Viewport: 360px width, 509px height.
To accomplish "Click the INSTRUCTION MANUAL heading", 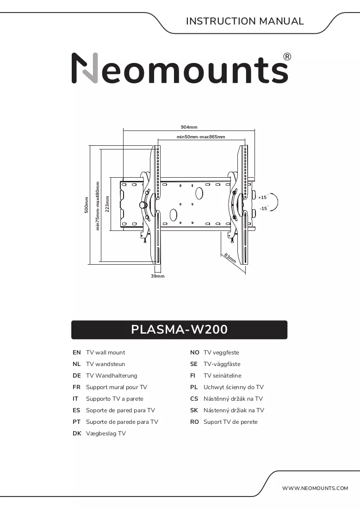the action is point(245,21).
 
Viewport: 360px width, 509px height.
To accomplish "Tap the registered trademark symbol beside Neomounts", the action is point(287,57).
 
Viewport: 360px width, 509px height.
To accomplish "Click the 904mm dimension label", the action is point(189,127).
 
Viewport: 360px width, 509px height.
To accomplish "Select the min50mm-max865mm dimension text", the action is point(201,137).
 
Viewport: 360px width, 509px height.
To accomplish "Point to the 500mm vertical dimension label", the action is point(87,205).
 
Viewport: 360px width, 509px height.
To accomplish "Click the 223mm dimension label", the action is point(107,204).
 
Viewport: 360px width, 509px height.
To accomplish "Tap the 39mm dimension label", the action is point(158,276).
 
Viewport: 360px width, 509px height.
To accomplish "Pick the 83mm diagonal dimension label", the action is point(230,258).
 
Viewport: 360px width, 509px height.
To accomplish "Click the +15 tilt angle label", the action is point(262,198).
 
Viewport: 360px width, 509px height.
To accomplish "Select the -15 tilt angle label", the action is point(263,208).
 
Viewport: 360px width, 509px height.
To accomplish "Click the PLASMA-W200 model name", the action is point(179,329).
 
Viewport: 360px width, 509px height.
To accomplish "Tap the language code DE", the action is point(77,376).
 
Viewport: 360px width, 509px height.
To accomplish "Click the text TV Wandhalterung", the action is point(112,376).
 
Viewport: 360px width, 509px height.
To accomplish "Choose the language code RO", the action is point(194,422).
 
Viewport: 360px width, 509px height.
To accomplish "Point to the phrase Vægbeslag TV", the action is point(106,434).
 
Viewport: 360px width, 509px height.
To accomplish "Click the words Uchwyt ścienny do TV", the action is point(233,387).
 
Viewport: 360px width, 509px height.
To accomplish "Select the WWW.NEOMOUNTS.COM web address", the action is point(315,488).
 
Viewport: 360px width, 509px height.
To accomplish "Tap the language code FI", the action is point(193,376).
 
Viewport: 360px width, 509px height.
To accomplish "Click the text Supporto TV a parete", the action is point(115,399).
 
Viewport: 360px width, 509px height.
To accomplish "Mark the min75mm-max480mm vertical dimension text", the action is point(97,206).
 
